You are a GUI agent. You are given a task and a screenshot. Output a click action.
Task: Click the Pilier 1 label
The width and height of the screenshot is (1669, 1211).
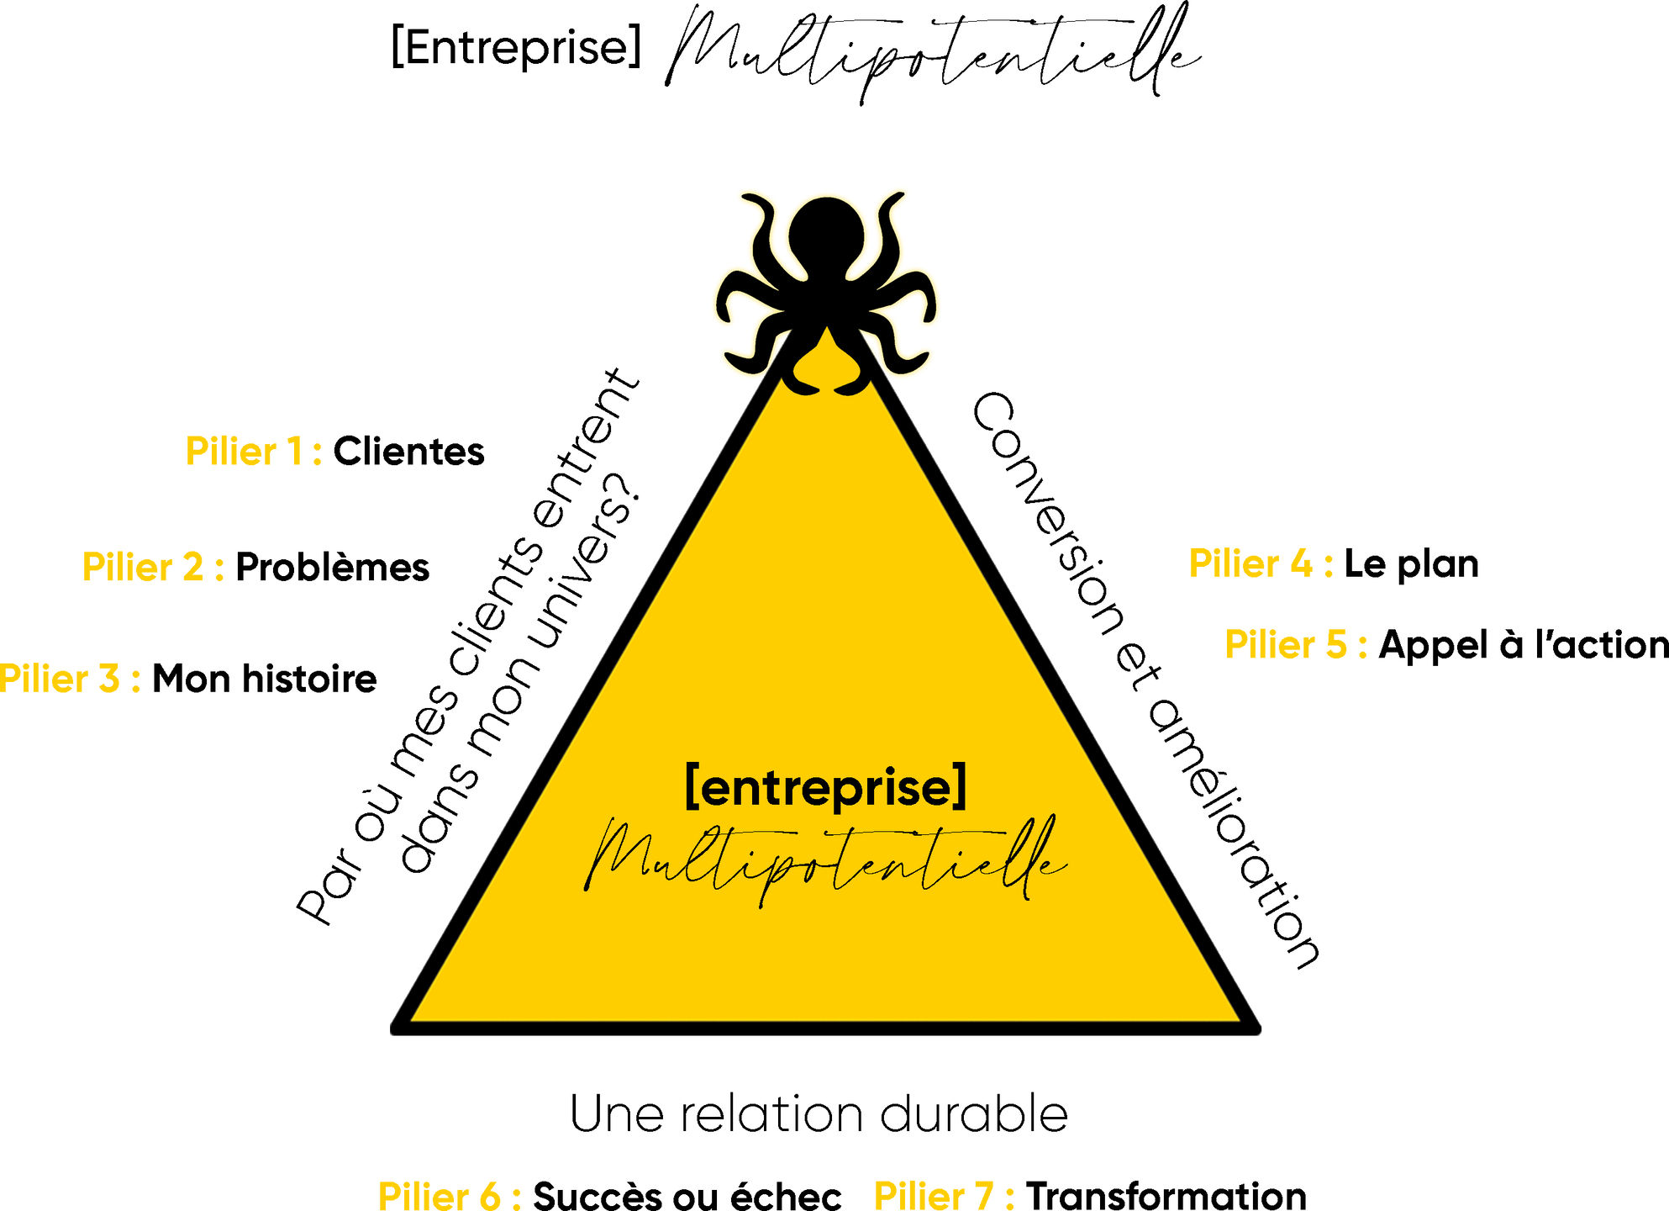coord(253,451)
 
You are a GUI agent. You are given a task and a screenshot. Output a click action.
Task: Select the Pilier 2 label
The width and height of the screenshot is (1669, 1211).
coord(153,567)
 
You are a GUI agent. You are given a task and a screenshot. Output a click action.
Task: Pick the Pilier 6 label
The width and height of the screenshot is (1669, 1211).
coord(450,1195)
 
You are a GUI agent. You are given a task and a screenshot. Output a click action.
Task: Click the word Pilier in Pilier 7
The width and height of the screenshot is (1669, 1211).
coord(919,1195)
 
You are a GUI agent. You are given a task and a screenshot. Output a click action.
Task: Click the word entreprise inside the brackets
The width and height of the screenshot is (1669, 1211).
coord(827,788)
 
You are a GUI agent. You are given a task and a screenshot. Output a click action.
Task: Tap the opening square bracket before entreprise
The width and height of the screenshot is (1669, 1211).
coord(692,785)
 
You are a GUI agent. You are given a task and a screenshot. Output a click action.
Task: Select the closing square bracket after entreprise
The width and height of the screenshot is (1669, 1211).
coord(961,785)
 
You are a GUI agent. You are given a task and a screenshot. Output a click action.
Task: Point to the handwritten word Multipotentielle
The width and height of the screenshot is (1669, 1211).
coord(825,862)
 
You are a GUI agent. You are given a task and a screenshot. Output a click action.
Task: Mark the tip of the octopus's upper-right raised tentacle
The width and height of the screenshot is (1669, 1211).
coord(904,193)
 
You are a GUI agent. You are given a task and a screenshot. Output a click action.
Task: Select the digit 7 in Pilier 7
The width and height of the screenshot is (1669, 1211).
coord(982,1195)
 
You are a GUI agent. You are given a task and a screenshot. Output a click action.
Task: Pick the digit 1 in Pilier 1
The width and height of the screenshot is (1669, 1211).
coord(295,451)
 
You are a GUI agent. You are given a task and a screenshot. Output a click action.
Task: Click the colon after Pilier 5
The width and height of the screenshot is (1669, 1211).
coord(1362,646)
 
